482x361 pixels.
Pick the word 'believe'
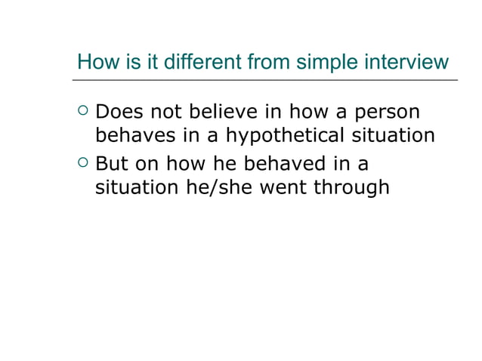coord(222,113)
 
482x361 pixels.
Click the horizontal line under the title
coord(265,79)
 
